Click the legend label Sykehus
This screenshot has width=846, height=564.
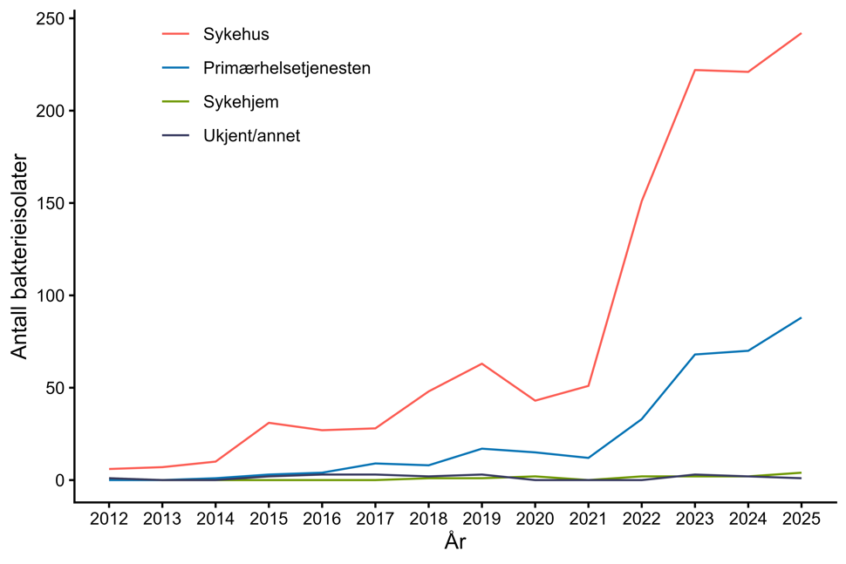pyautogui.click(x=235, y=35)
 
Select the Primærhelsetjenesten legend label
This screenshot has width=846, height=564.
pyautogui.click(x=286, y=68)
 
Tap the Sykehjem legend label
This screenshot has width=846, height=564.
pyautogui.click(x=241, y=102)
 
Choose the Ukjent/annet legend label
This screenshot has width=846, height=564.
pyautogui.click(x=251, y=136)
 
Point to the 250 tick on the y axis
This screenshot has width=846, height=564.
pyautogui.click(x=49, y=19)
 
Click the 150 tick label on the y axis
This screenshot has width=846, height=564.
pyautogui.click(x=49, y=203)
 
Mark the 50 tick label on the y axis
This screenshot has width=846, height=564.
pyautogui.click(x=54, y=388)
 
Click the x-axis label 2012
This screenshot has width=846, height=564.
pyautogui.click(x=109, y=520)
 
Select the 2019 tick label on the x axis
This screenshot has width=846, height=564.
pyautogui.click(x=481, y=520)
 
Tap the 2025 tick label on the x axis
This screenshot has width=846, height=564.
pyautogui.click(x=801, y=520)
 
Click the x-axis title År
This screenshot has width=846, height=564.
pyautogui.click(x=454, y=543)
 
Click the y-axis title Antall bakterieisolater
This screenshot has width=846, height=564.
pyautogui.click(x=19, y=257)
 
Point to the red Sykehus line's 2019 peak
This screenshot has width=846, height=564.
pyautogui.click(x=481, y=364)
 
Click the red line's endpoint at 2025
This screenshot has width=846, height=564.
pyautogui.click(x=801, y=34)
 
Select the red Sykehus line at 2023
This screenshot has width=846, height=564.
pyautogui.click(x=694, y=70)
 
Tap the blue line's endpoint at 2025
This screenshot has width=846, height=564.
pyautogui.click(x=801, y=318)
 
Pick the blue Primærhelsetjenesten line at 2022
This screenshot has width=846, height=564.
pyautogui.click(x=641, y=419)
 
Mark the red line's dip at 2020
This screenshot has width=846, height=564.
pyautogui.click(x=535, y=400)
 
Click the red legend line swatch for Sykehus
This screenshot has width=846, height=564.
pyautogui.click(x=175, y=35)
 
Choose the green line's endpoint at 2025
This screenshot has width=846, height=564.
pyautogui.click(x=801, y=472)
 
